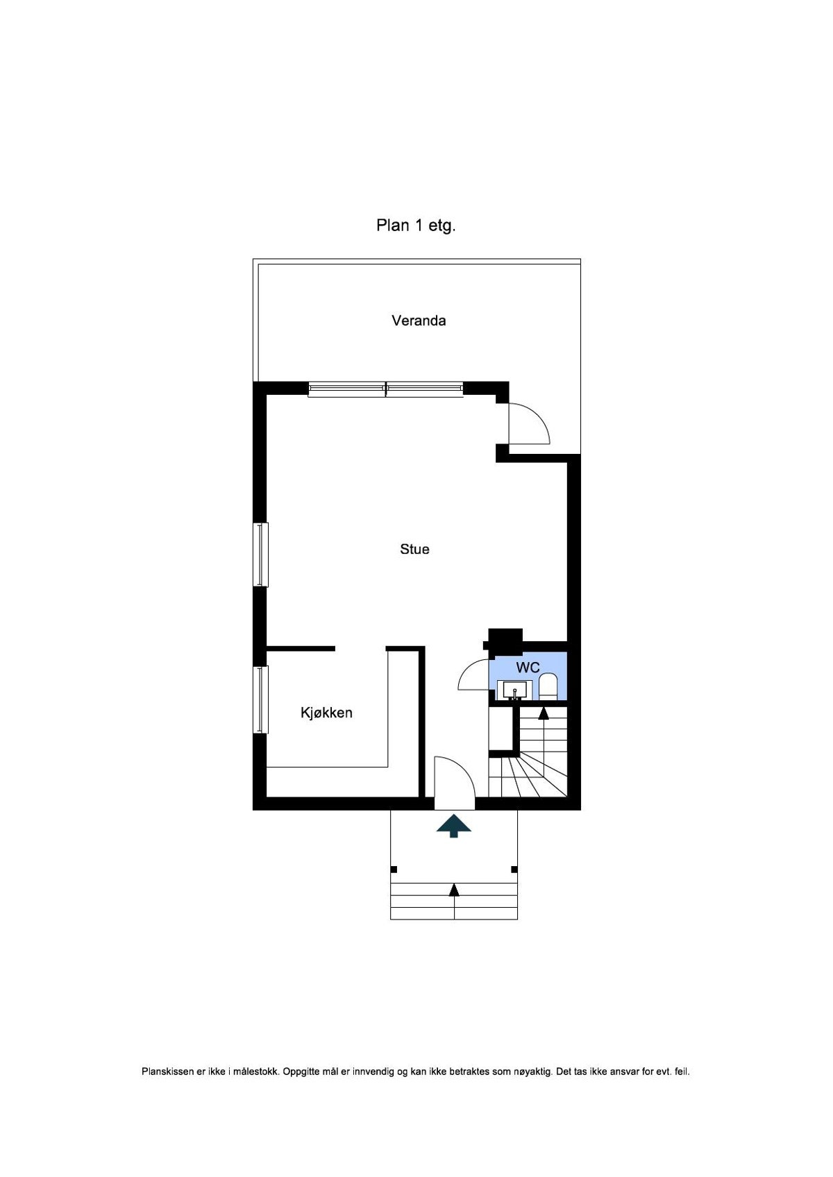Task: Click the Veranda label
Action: (419, 321)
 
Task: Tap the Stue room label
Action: (414, 549)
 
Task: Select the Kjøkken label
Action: (326, 713)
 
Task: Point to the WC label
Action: (528, 668)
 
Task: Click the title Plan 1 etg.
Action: (416, 226)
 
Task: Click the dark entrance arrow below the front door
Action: (454, 826)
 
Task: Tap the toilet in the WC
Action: (548, 687)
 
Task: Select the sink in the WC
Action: (515, 690)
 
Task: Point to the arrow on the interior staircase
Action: (544, 713)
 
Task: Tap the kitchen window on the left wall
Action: (261, 700)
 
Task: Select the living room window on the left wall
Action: (261, 554)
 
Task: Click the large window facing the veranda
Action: (386, 389)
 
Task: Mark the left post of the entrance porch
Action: (394, 869)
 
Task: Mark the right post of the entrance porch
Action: (514, 869)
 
